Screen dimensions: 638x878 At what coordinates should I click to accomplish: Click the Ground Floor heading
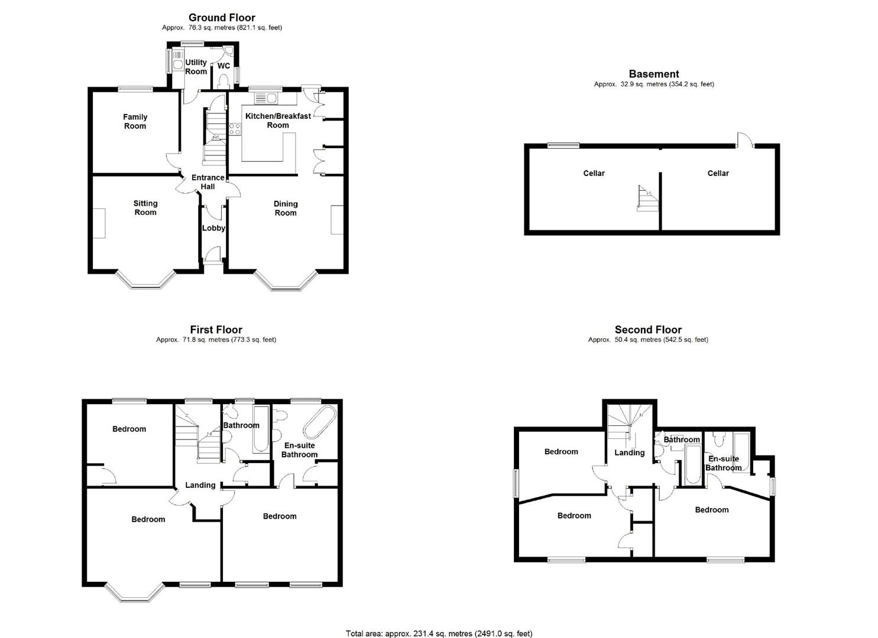click(222, 18)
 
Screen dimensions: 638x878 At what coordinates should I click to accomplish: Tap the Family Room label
click(135, 121)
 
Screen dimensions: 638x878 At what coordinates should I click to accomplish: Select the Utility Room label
click(196, 67)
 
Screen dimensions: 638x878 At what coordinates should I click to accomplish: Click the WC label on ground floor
click(223, 66)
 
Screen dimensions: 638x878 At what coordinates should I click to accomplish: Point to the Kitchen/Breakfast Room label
click(278, 121)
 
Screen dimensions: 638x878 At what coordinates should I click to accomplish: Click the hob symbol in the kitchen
click(235, 129)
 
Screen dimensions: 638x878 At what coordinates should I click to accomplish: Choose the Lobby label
click(213, 228)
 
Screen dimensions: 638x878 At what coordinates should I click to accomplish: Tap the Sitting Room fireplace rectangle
click(99, 223)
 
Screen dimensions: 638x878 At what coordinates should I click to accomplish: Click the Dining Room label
click(286, 208)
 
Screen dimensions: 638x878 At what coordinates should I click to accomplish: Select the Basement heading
click(653, 74)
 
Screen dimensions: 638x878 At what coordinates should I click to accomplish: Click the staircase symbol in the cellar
click(647, 198)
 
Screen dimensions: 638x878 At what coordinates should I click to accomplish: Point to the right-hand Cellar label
click(718, 173)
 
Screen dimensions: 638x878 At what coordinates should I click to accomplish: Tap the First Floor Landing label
click(200, 485)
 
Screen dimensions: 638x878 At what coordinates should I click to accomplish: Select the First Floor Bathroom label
click(241, 425)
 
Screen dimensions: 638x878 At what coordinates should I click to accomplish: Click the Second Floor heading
click(648, 330)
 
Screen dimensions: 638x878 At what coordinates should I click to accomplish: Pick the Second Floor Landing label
click(629, 453)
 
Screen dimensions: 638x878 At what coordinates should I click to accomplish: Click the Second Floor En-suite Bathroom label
click(723, 463)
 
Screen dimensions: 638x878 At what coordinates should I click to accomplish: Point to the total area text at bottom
click(439, 633)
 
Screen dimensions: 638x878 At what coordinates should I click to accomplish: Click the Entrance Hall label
click(208, 182)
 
